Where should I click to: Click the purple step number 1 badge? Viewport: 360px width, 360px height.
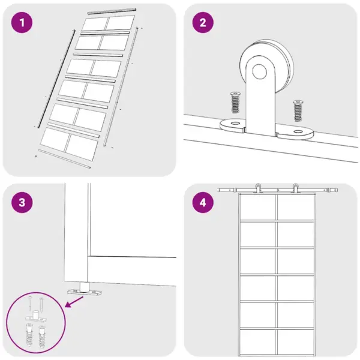point(22,23)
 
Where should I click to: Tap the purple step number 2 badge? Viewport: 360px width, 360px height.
point(203,23)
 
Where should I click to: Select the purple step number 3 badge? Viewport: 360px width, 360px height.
point(22,203)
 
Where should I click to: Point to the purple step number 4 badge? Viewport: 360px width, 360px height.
point(203,203)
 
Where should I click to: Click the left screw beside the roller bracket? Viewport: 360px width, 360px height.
point(235,102)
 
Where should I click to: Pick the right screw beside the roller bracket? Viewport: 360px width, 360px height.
point(298,110)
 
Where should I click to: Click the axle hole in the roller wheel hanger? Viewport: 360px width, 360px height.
point(260,71)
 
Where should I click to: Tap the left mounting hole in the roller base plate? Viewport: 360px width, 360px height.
point(235,123)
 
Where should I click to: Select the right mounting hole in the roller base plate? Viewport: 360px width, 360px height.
point(298,131)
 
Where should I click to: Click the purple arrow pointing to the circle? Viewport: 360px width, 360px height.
point(74,301)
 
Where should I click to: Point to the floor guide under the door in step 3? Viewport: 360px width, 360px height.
point(84,289)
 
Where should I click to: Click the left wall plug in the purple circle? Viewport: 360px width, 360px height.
point(29,334)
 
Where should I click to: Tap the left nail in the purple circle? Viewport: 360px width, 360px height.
point(30,303)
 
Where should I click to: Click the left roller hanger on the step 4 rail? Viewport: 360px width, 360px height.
point(258,188)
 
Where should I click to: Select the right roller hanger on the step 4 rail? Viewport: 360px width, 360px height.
point(295,188)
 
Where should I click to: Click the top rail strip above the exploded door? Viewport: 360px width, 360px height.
point(112,11)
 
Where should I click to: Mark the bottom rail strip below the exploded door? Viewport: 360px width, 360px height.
point(64,158)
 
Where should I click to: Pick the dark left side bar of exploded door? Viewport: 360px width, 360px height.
point(56,79)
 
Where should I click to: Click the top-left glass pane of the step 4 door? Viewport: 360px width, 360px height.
point(258,208)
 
